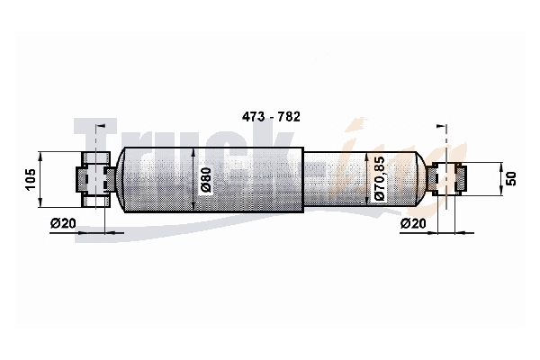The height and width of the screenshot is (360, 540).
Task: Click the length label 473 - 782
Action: (271, 117)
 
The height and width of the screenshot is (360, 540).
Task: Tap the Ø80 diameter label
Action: (205, 180)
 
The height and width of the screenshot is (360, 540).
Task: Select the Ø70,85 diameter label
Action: (379, 178)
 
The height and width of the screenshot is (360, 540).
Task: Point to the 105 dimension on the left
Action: (31, 179)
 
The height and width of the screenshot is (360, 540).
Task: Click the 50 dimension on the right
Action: (512, 179)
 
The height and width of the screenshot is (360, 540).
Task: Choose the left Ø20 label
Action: (63, 223)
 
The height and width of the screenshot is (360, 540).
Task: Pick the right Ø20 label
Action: (413, 223)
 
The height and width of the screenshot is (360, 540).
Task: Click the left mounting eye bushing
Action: (96, 179)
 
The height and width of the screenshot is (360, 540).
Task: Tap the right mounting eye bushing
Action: (446, 179)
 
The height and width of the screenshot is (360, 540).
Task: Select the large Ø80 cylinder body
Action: (213, 180)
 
